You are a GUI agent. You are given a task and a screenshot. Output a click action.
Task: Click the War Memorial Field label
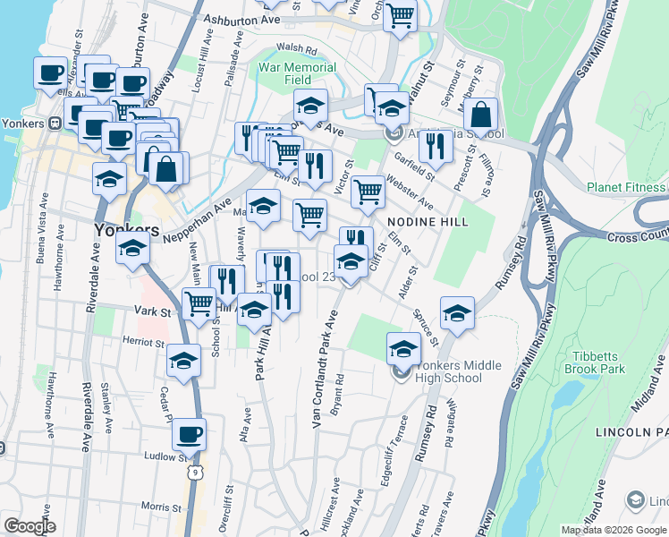tap(298, 73)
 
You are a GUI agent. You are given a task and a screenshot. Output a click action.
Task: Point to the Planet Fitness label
tap(627, 187)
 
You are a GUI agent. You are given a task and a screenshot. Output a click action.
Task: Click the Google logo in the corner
tap(29, 526)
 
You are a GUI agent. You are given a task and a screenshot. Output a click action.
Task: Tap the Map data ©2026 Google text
tap(614, 530)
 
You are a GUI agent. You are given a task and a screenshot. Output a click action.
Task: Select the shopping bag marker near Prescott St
tap(481, 115)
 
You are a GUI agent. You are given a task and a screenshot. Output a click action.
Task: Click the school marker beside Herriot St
tap(183, 360)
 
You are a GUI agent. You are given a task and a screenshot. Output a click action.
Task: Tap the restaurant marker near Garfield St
tap(436, 144)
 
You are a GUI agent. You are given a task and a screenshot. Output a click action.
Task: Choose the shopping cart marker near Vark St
tap(199, 303)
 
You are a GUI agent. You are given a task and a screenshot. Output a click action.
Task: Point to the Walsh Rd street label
tap(298, 48)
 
